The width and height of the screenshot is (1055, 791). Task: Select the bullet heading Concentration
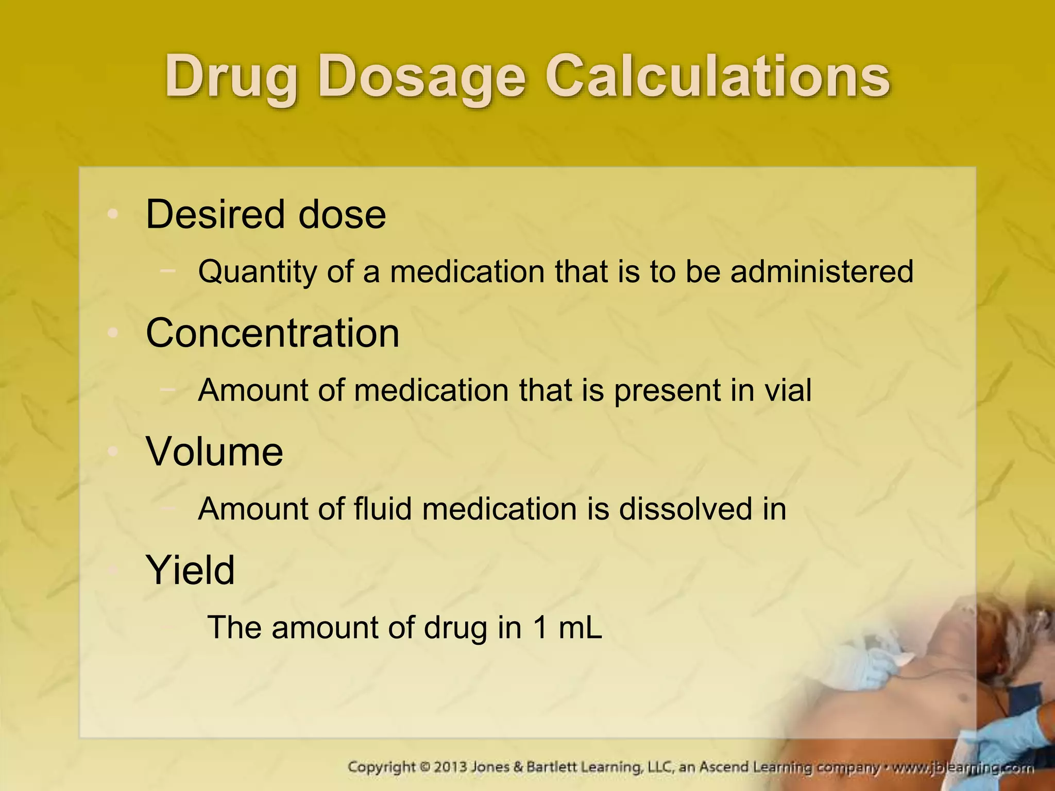point(273,333)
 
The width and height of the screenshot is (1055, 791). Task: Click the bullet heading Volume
point(214,451)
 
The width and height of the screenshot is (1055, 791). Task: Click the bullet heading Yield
point(191,570)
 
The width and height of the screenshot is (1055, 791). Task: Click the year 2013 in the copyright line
point(450,767)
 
